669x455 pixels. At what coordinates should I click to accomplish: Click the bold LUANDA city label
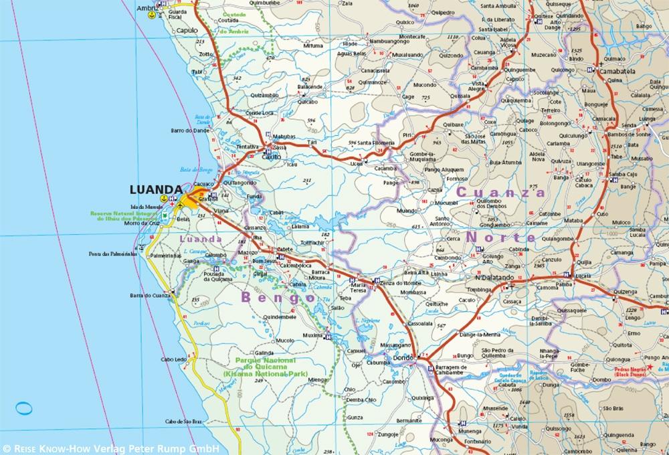click(156, 189)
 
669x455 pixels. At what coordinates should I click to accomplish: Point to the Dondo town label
click(403, 358)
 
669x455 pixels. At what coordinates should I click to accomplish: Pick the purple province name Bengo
click(278, 296)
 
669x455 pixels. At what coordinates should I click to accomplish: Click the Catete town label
click(286, 249)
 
